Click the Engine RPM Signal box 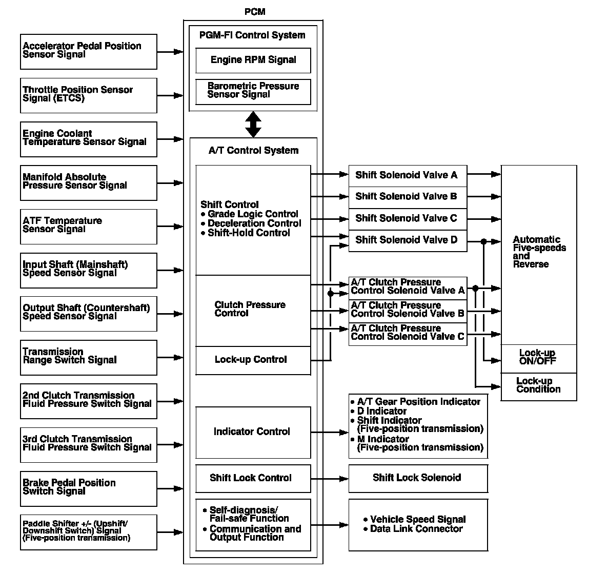253,60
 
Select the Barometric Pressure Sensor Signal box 253,91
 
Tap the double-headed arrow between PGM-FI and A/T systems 253,125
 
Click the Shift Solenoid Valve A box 408,175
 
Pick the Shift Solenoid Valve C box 408,218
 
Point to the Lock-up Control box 253,360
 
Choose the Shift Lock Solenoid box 418,478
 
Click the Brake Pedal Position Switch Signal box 89,488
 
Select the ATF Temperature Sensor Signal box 89,226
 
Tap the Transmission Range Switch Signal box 89,357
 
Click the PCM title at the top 255,12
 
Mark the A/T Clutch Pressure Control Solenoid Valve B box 408,310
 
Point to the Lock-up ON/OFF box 538,357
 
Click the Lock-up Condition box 538,385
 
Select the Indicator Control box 253,432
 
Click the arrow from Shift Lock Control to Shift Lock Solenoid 330,479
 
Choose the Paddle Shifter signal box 89,532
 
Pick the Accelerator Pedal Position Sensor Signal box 89,51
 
